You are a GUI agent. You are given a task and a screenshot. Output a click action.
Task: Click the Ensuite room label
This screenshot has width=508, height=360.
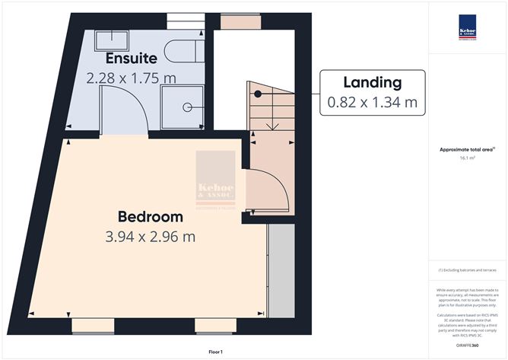coord(132,58)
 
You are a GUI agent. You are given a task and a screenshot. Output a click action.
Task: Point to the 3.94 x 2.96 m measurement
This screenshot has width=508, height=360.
coord(151,237)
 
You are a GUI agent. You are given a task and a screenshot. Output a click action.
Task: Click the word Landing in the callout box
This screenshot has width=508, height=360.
coord(373,81)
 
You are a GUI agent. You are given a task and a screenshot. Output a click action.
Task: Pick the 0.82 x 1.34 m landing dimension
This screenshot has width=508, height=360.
coord(373,100)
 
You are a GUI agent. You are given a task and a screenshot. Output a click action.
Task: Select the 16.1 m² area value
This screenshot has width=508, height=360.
coord(468,158)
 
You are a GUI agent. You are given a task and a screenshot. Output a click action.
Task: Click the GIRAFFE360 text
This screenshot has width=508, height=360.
coord(468,346)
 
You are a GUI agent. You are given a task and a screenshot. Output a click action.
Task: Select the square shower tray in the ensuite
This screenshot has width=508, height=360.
coord(183,106)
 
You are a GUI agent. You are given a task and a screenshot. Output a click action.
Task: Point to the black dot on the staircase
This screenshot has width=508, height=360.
coord(259,94)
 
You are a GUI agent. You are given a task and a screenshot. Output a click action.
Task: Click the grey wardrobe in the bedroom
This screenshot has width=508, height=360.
coord(281,270)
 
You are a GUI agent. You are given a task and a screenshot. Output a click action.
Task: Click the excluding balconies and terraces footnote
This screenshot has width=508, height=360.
coord(466,270)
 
